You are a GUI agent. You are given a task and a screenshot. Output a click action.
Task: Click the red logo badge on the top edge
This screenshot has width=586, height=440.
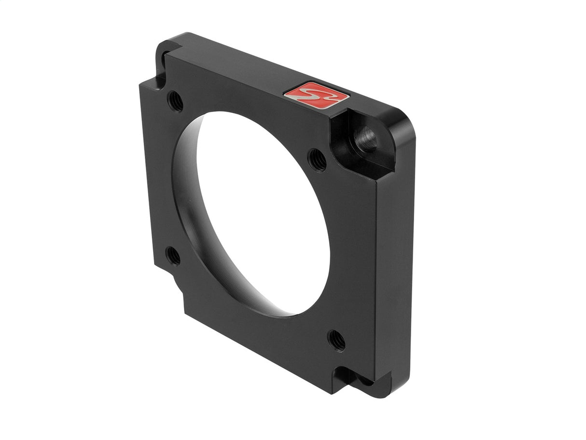(317, 93)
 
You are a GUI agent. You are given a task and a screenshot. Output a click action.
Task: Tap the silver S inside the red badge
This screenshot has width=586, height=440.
(317, 93)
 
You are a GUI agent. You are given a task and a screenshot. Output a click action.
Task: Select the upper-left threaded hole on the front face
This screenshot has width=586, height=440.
(175, 101)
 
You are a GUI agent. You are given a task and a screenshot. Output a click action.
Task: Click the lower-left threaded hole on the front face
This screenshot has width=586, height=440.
(172, 255)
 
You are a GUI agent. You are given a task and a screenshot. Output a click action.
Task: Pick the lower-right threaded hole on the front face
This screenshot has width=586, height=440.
(336, 340)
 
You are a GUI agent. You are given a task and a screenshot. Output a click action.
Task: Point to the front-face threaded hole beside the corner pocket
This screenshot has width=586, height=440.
(317, 160)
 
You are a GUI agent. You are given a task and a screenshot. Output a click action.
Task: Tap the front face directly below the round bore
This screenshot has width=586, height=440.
(270, 338)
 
